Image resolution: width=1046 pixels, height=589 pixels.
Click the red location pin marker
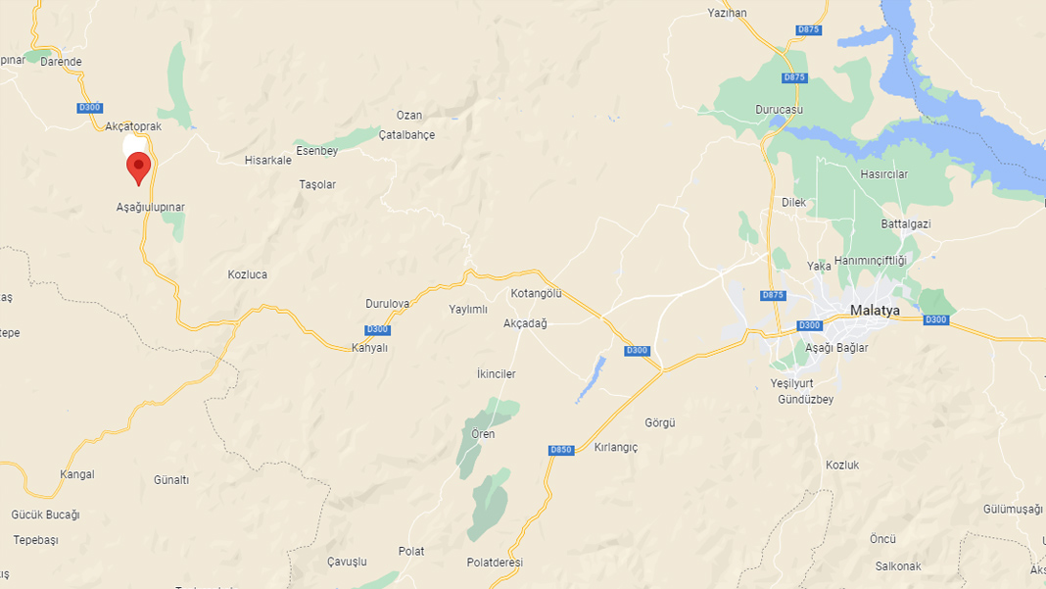point(138,168)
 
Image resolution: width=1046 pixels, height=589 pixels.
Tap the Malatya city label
point(875,310)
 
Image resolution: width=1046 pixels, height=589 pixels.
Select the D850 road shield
point(560,450)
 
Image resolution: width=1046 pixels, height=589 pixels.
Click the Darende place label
point(61,62)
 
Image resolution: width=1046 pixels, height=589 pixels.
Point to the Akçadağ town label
point(525,323)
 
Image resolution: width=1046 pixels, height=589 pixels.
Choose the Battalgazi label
point(905,223)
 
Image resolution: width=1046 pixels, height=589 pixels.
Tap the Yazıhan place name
point(727,13)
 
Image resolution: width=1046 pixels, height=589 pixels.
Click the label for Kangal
point(77,474)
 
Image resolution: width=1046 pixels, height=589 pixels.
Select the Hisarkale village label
point(268,160)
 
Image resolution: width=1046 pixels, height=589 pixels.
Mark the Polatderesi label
point(495,563)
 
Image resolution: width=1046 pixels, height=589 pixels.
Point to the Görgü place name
point(660,423)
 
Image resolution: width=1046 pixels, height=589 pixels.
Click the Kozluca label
point(247,275)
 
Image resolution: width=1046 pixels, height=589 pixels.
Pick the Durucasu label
point(779,110)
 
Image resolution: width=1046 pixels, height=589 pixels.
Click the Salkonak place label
point(898,566)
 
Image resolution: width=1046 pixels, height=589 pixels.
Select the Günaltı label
point(171,480)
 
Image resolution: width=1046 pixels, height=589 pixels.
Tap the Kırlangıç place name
point(616,448)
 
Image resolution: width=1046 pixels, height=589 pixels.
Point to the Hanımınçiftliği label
point(871,260)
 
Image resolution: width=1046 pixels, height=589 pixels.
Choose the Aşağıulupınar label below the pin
point(151,208)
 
